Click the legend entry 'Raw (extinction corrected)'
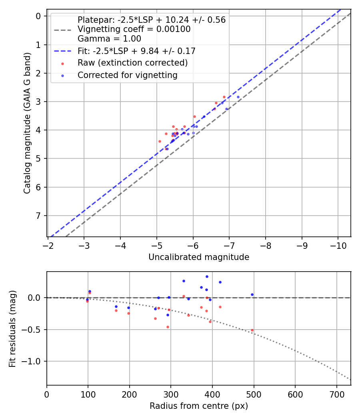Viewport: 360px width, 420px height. click(132, 63)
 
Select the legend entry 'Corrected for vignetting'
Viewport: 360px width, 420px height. click(128, 75)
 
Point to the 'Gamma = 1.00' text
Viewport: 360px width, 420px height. click(109, 39)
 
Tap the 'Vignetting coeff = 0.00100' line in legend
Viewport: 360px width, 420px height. click(134, 29)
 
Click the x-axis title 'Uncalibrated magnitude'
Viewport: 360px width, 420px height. click(199, 257)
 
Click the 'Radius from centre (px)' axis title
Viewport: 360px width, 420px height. click(199, 406)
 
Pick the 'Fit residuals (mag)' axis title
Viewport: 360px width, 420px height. click(12, 329)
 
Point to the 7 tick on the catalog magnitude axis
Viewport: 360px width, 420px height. click(39, 216)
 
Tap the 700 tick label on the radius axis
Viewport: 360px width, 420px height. click(336, 394)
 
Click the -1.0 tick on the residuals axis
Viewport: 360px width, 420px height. click(34, 361)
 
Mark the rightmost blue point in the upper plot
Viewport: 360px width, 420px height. click(238, 97)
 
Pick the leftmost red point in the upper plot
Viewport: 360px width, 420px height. click(160, 141)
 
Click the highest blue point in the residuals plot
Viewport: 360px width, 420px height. click(207, 276)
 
